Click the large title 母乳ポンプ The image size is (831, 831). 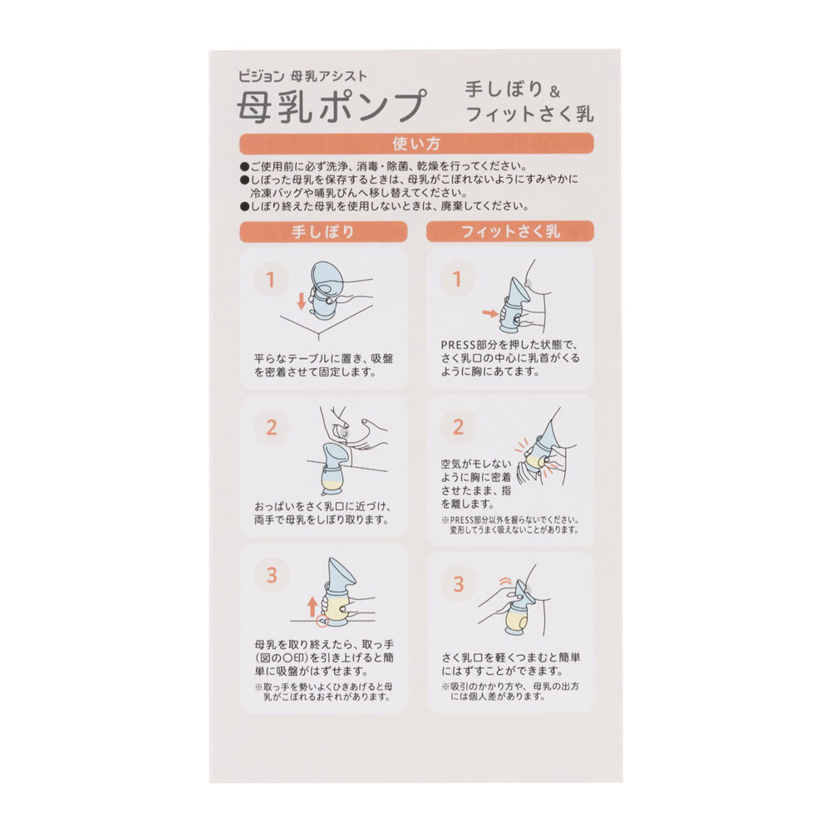click(332, 106)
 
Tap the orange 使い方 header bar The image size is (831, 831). click(416, 144)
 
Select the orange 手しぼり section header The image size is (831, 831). click(323, 232)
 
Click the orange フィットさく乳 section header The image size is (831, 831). click(510, 232)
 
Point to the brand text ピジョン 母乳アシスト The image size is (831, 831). click(302, 76)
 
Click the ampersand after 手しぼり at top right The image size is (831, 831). click(554, 92)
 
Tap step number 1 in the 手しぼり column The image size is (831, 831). click(270, 279)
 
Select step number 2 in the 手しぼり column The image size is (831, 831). click(272, 427)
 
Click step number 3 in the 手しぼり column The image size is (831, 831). click(272, 575)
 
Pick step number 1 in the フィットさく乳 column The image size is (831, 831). click(457, 279)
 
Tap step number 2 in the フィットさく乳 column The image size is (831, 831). click(459, 427)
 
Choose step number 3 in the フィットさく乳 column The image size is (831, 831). click(459, 584)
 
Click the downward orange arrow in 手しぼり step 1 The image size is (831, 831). click(301, 301)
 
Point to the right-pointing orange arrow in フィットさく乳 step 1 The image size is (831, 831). click(490, 313)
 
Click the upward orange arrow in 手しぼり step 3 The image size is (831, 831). click(312, 607)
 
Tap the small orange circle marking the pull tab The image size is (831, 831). click(322, 621)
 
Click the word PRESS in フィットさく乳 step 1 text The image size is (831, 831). click(459, 345)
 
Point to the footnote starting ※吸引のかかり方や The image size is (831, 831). click(510, 691)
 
